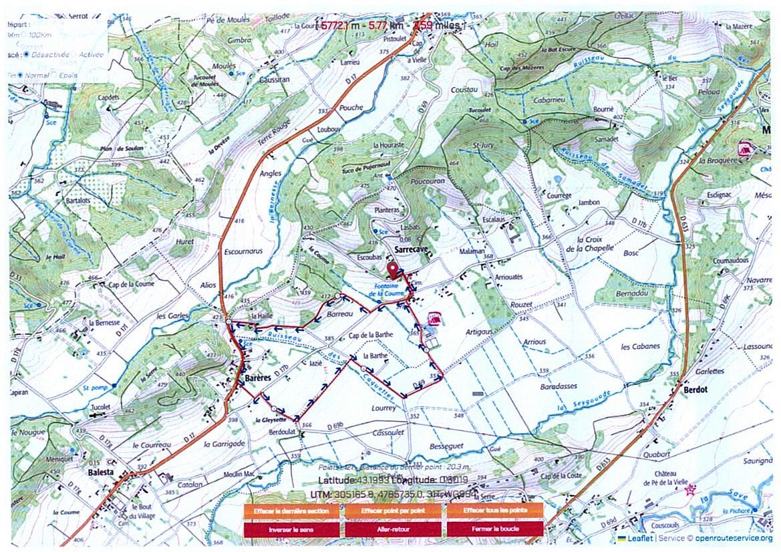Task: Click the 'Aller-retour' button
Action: click(393, 529)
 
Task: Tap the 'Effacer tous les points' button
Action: click(495, 511)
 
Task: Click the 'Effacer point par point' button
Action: click(393, 511)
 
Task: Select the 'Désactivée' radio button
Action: click(25, 55)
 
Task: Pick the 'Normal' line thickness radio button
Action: click(20, 76)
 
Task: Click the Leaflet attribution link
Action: click(639, 538)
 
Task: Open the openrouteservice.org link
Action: click(733, 538)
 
